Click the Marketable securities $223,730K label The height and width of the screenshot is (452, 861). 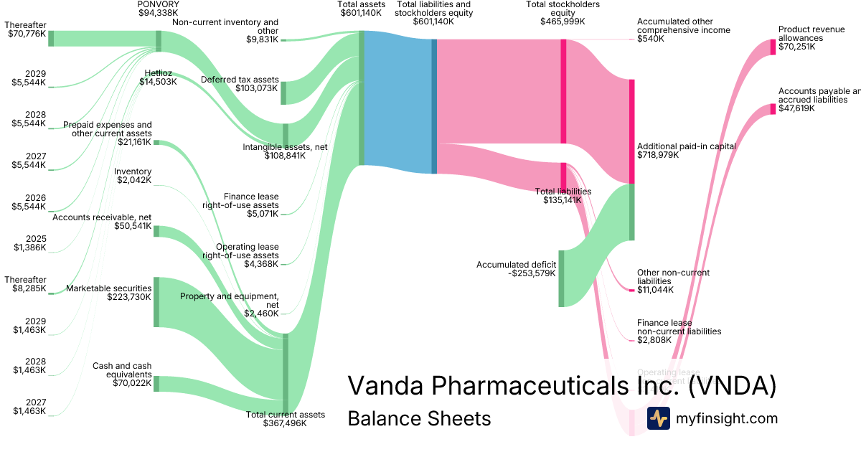point(108,293)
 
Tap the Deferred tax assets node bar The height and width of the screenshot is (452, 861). point(283,93)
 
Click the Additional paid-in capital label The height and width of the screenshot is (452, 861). point(686,151)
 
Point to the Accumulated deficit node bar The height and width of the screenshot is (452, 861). point(561,278)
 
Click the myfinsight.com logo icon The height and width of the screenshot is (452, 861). point(658,418)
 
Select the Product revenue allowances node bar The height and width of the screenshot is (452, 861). point(773,47)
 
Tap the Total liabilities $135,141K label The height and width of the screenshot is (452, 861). point(563,196)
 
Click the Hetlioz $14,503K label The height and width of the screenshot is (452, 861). point(158,77)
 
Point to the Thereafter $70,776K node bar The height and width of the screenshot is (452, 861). point(51,39)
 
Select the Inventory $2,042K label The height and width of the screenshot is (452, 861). point(133,176)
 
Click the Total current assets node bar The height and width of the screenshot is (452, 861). point(286,374)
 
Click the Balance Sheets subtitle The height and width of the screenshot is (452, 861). point(419,418)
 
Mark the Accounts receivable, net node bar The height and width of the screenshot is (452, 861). point(157,232)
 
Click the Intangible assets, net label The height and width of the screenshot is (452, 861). point(286,151)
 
